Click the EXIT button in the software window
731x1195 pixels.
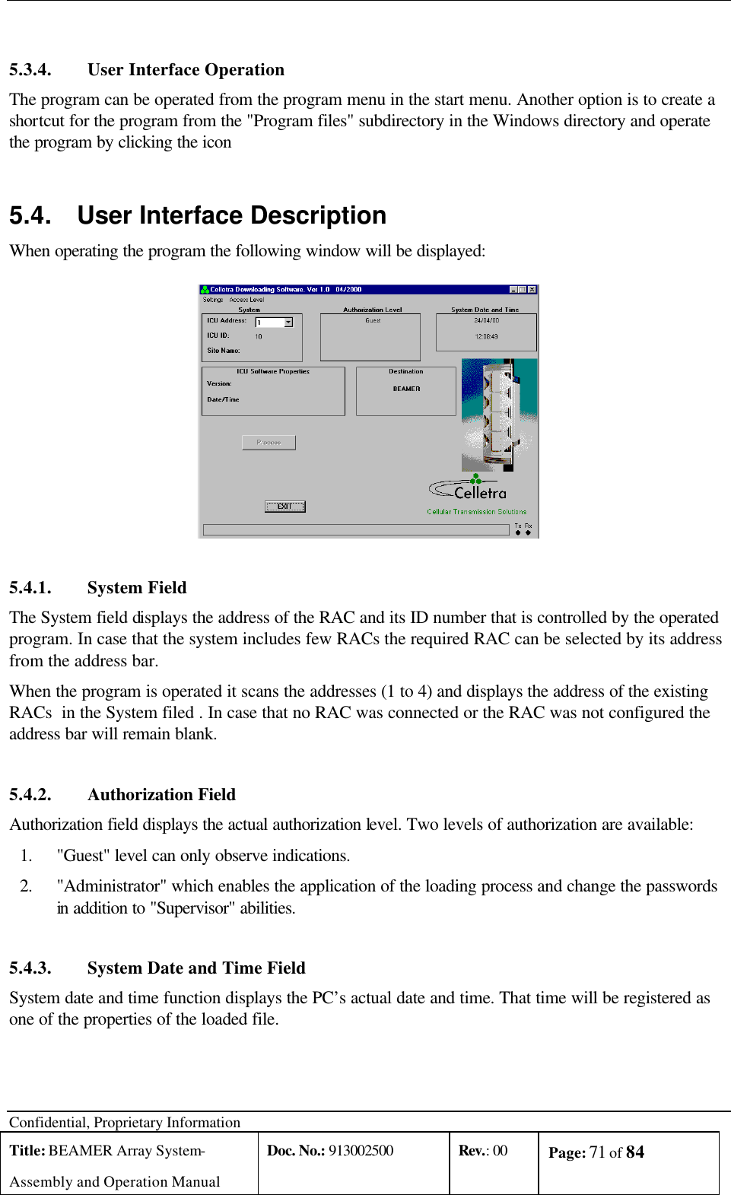pyautogui.click(x=284, y=507)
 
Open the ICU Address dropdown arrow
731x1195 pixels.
pyautogui.click(x=288, y=323)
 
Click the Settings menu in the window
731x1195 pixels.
pyautogui.click(x=212, y=300)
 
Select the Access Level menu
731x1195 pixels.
pyautogui.click(x=246, y=300)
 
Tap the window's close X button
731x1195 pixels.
pyautogui.click(x=532, y=290)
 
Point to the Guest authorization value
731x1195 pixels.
pyautogui.click(x=373, y=320)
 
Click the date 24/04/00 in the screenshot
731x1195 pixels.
pyautogui.click(x=486, y=320)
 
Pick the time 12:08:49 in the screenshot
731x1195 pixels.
pyautogui.click(x=486, y=336)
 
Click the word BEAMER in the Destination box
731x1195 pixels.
pyautogui.click(x=406, y=389)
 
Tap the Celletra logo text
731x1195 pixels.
pyautogui.click(x=480, y=493)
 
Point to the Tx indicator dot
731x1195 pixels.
pyautogui.click(x=518, y=532)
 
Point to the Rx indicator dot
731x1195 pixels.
pyautogui.click(x=528, y=532)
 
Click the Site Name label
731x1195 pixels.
pyautogui.click(x=223, y=351)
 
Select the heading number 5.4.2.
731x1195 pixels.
pyautogui.click(x=30, y=795)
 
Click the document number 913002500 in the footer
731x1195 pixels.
pyautogui.click(x=361, y=1150)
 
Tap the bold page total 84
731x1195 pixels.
pyautogui.click(x=635, y=1152)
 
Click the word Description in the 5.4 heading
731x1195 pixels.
pyautogui.click(x=318, y=216)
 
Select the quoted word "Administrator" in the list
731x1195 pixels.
pyautogui.click(x=112, y=886)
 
